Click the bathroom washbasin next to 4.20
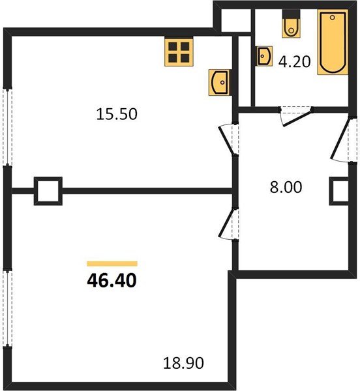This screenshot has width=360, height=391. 264,57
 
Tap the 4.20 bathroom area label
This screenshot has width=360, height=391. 294,64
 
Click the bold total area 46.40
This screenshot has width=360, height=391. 112,282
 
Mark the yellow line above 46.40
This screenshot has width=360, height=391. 112,263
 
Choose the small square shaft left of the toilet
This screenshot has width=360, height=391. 232,20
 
